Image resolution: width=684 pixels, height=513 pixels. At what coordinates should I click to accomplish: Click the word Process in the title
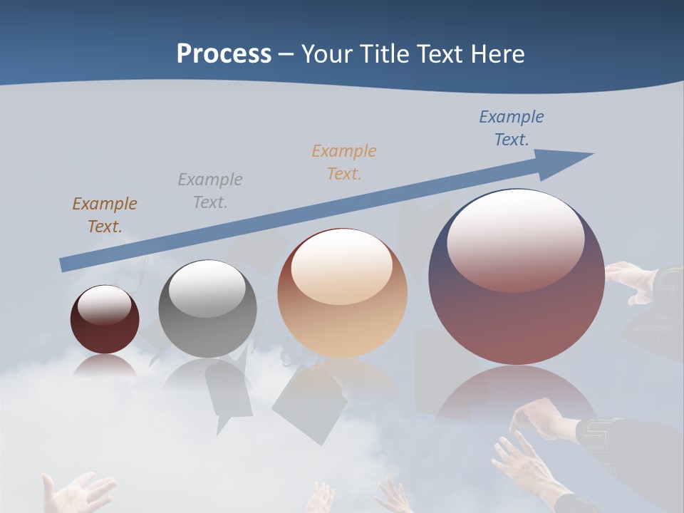point(224,54)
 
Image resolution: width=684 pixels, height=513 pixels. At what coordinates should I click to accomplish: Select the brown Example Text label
point(104,214)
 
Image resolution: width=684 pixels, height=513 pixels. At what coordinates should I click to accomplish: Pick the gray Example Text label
point(210,190)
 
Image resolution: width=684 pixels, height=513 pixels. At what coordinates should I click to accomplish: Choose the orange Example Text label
point(344,162)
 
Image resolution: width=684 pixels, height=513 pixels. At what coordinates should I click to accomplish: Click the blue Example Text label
point(511,128)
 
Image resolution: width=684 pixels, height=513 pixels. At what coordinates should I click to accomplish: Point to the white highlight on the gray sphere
point(207,286)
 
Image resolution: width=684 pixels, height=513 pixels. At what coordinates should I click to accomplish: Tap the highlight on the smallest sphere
point(105,305)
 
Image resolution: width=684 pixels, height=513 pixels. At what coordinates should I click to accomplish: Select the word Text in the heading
point(440,54)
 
